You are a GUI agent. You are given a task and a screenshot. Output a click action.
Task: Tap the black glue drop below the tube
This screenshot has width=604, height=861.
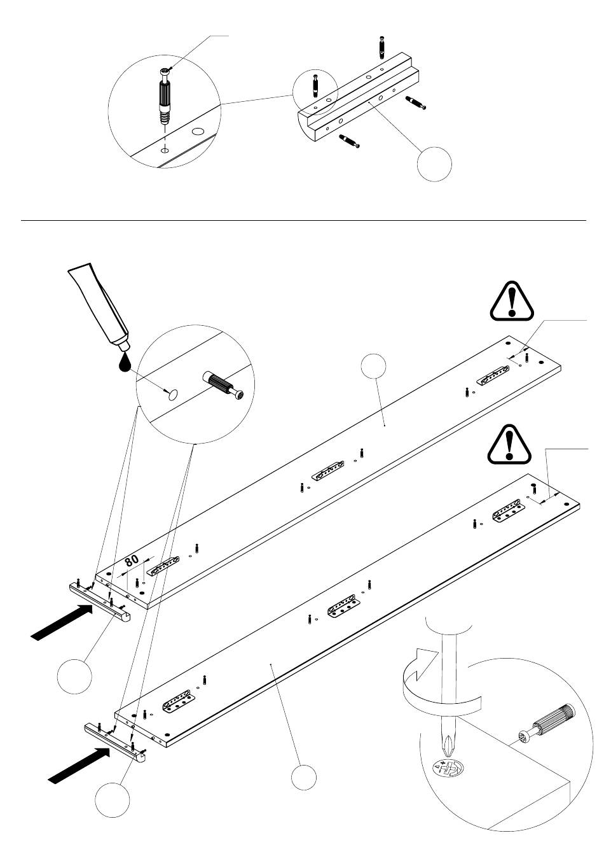click(x=124, y=363)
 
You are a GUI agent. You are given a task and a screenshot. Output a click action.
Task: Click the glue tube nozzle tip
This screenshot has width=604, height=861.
click(x=125, y=347)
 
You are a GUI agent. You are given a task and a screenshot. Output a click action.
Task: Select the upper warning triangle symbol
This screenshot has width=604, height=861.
click(x=511, y=302)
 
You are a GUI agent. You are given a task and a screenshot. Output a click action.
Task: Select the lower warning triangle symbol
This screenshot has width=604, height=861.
click(x=509, y=445)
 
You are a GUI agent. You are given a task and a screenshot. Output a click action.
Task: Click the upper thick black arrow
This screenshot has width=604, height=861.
click(x=62, y=622)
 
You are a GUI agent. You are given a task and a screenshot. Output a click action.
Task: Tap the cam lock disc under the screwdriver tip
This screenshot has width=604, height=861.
click(x=448, y=768)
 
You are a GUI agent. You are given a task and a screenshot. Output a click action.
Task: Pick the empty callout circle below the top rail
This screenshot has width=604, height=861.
click(x=434, y=164)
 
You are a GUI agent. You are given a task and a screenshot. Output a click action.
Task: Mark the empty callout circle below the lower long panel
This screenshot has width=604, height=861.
click(x=304, y=778)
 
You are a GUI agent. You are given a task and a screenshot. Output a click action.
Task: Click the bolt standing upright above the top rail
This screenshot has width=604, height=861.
click(x=381, y=47)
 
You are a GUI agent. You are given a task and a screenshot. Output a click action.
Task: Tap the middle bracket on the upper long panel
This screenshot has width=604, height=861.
click(x=327, y=470)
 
